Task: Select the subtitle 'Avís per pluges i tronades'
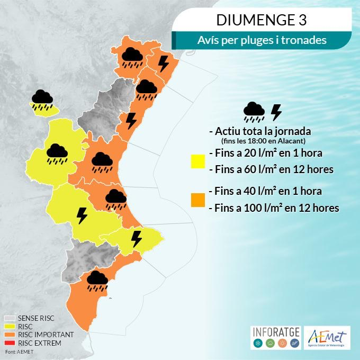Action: coord(262,40)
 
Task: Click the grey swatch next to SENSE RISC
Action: coord(10,319)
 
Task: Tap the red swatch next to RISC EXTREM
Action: coord(10,343)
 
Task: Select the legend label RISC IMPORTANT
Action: coord(41,335)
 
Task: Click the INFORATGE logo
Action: coord(275,338)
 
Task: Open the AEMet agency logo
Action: coord(327,338)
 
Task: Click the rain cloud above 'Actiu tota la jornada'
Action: coord(254,111)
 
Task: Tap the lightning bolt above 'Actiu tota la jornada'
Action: coord(276,112)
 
